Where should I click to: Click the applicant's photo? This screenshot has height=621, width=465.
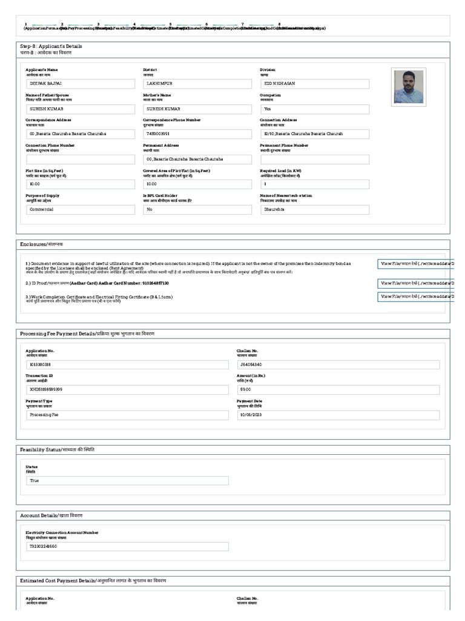(409, 87)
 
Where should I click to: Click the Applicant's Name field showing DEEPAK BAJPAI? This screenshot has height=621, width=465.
(80, 83)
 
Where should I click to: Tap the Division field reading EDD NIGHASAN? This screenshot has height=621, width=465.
(314, 83)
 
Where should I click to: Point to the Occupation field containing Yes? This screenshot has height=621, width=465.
(314, 109)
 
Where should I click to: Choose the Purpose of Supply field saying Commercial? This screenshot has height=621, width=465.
(80, 209)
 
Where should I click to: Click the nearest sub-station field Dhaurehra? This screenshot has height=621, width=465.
(314, 209)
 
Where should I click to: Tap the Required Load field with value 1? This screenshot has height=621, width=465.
(314, 184)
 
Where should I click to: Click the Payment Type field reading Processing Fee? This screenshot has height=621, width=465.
(127, 415)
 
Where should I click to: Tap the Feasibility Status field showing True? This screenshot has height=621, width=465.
(127, 480)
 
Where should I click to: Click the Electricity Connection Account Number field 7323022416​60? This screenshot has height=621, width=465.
(127, 546)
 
